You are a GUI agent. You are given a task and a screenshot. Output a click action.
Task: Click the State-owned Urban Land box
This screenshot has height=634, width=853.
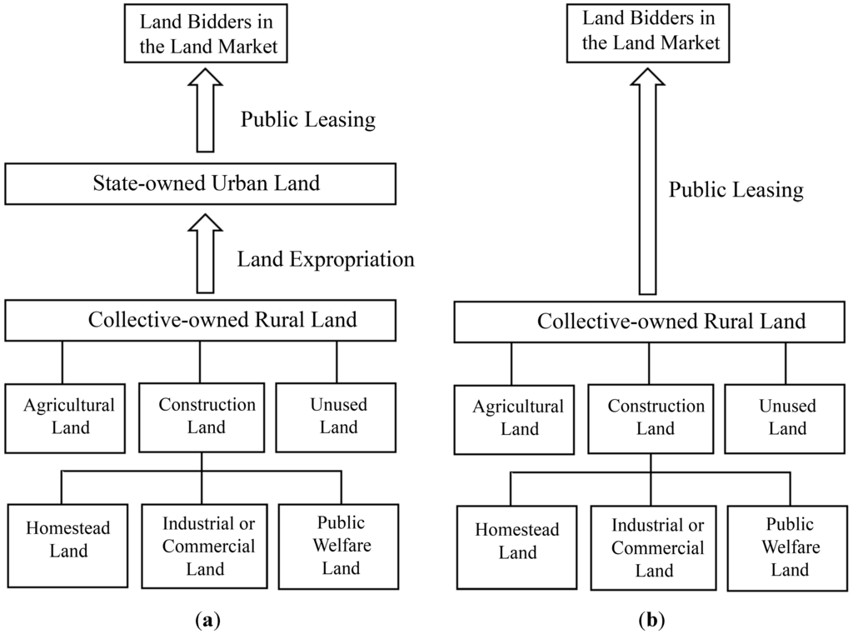[x=200, y=183]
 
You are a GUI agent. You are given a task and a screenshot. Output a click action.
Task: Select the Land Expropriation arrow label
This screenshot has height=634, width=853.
[x=326, y=259]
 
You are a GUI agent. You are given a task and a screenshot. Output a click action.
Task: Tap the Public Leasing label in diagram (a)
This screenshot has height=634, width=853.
[x=308, y=120]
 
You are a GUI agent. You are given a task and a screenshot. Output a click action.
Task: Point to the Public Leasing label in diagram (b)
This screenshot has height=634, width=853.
[x=736, y=190]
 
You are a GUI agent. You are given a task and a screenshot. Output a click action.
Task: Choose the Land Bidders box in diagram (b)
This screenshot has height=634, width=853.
[x=650, y=32]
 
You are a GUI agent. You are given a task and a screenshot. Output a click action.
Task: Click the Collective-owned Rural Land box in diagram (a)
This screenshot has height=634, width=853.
[x=200, y=320]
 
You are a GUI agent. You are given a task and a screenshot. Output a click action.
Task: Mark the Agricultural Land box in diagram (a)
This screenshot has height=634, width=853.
[x=68, y=416]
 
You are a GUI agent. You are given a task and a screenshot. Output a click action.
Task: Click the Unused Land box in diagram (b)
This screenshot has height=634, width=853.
[x=787, y=417]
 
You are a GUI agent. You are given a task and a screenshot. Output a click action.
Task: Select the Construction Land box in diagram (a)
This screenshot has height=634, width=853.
[x=207, y=416]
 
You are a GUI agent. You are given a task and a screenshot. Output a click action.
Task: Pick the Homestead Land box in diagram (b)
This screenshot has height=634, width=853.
[x=517, y=541]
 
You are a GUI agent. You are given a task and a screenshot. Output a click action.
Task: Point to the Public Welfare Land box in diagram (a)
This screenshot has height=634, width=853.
[x=340, y=546]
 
